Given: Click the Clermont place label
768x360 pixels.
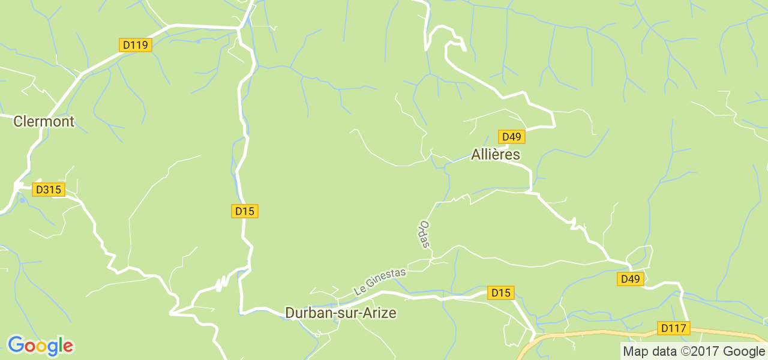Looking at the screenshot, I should [x=44, y=121].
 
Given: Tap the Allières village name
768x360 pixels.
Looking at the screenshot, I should [x=496, y=154].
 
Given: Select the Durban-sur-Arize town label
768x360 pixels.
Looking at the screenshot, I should [x=341, y=313].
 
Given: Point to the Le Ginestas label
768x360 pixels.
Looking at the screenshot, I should [x=380, y=281].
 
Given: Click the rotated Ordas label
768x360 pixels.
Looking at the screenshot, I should [x=424, y=235].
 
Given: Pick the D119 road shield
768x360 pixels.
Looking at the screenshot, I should [x=136, y=45].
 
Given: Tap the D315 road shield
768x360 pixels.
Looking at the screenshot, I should [x=49, y=190].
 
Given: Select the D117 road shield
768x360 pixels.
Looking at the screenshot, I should [x=674, y=328].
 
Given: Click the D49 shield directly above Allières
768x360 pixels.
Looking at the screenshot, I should [x=511, y=137].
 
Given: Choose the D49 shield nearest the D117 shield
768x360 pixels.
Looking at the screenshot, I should [x=631, y=279].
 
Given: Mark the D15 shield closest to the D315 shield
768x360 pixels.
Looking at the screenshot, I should [x=245, y=211].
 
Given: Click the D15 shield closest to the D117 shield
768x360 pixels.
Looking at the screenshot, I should [x=500, y=293].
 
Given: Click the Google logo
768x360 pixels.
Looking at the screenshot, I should [x=40, y=346].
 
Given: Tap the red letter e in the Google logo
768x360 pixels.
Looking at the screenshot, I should [x=68, y=346].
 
